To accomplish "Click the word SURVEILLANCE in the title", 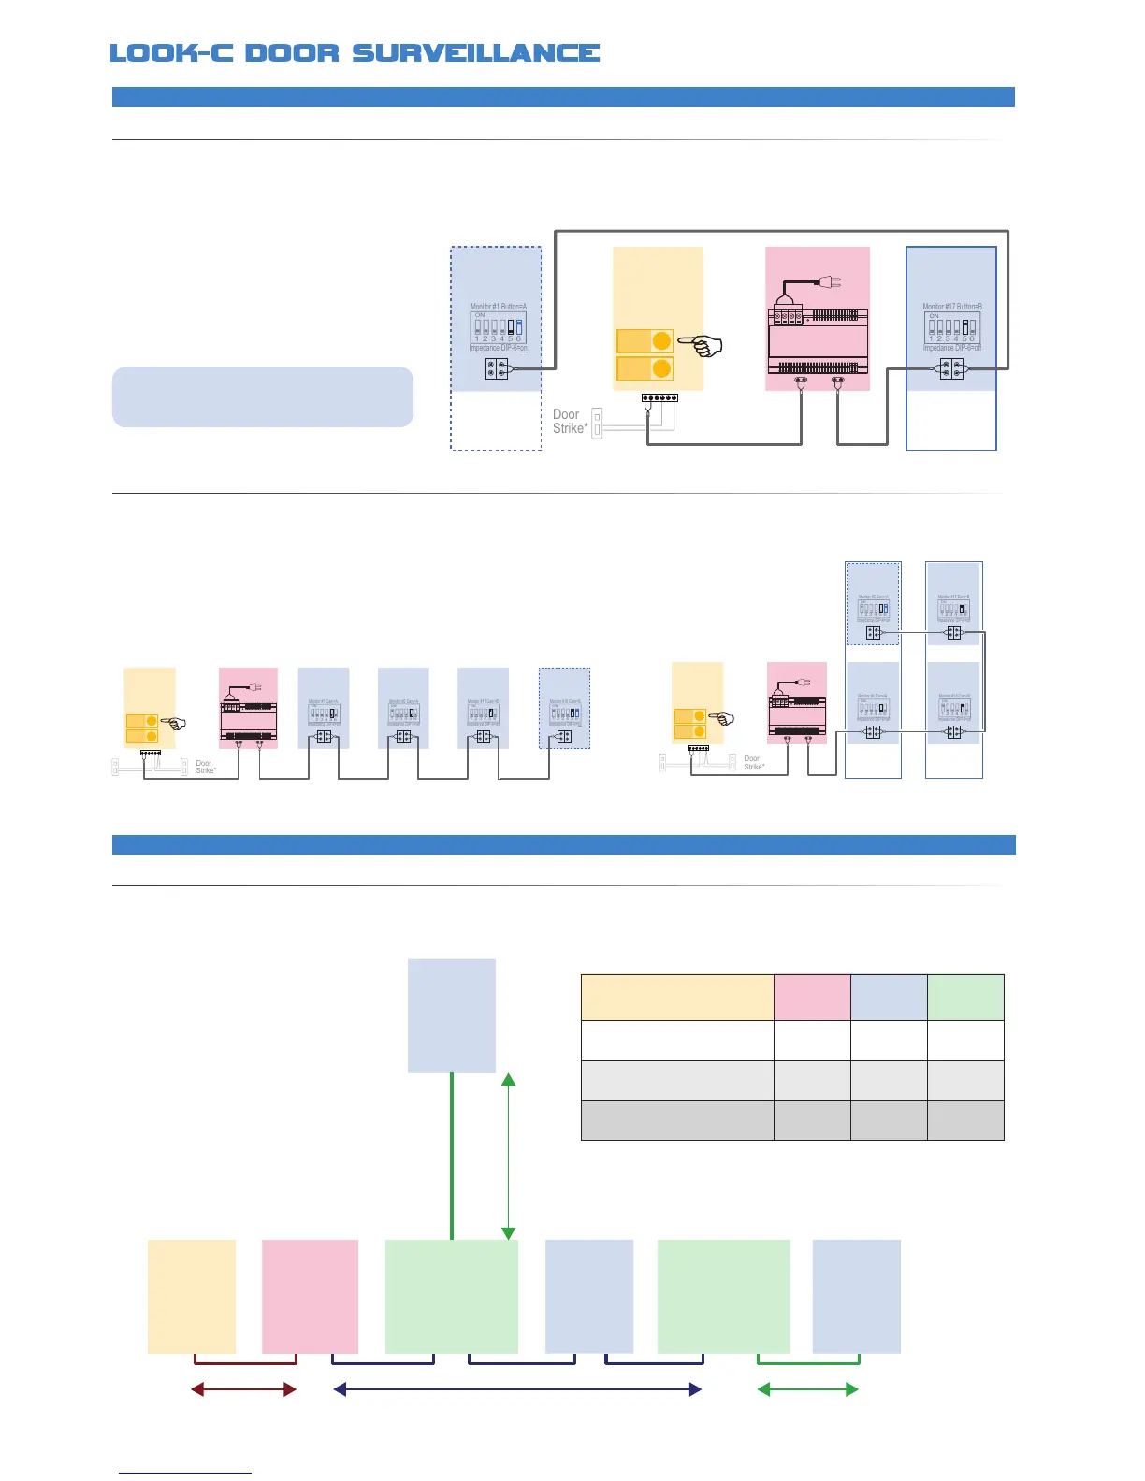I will tap(475, 53).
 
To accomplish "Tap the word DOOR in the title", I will tap(292, 53).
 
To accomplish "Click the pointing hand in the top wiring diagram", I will tap(702, 346).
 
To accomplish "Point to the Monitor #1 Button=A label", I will tap(498, 307).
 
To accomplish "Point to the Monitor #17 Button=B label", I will tap(951, 307).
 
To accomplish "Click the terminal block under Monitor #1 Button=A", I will tap(497, 368).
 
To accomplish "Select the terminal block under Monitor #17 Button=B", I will tap(951, 368).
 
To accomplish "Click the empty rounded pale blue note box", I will tap(262, 396).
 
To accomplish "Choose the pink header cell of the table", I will tap(812, 997).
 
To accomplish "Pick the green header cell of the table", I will tap(965, 997).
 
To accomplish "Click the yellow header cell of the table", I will tap(677, 997).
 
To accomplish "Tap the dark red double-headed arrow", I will tap(243, 1389).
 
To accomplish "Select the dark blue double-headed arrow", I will tap(517, 1389).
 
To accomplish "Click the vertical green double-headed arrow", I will tap(508, 1157).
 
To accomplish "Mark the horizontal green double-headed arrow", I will tap(807, 1389).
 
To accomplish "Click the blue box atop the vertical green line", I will tap(452, 1015).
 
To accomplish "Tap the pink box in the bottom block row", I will tap(310, 1296).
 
